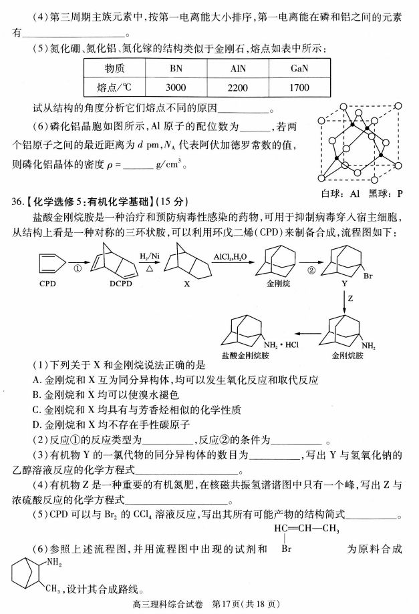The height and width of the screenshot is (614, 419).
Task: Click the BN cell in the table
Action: click(x=176, y=68)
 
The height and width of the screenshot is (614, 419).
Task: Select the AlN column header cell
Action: click(x=238, y=68)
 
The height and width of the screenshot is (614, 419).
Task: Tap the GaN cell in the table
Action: click(x=300, y=68)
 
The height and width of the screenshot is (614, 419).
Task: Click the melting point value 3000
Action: click(x=176, y=87)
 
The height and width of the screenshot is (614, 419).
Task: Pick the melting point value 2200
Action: click(x=238, y=87)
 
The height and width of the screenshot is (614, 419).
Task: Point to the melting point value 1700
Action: click(x=300, y=87)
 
